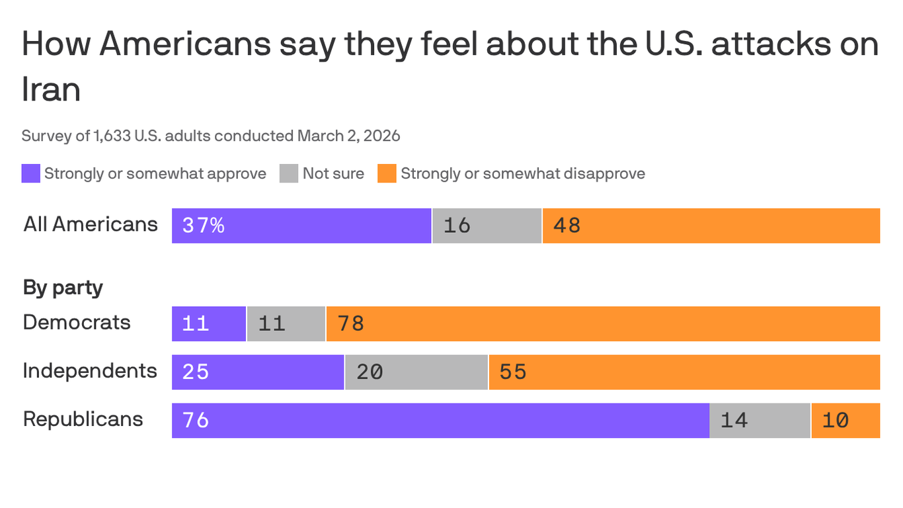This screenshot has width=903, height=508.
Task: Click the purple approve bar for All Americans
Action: (301, 226)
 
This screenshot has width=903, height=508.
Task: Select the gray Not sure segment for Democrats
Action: (286, 323)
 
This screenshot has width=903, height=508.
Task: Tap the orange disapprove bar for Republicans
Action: (845, 420)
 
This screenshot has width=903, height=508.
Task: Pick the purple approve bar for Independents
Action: (258, 372)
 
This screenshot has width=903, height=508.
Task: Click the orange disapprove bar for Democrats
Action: (602, 323)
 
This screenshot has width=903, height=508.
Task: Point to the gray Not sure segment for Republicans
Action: (760, 420)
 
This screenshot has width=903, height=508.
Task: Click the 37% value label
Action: (204, 226)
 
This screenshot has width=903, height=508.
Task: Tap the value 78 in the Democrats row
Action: (351, 323)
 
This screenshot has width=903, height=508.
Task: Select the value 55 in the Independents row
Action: (513, 372)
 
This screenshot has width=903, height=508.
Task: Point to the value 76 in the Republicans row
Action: (196, 420)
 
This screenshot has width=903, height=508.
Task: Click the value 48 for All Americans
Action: (567, 226)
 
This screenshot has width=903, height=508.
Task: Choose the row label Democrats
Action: (77, 322)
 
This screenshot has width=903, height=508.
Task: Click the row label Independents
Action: (90, 370)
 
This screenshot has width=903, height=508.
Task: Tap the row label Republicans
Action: (83, 419)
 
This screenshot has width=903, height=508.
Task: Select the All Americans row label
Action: (91, 224)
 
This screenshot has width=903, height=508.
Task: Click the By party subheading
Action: (63, 288)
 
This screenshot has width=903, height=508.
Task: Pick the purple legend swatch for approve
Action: (31, 173)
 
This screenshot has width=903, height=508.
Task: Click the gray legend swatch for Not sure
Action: (289, 173)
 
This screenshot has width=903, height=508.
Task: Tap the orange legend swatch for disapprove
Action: (387, 173)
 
